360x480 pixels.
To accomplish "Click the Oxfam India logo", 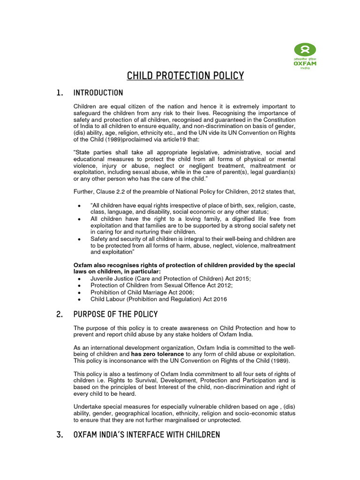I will click(x=305, y=55).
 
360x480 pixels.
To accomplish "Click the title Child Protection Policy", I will click(x=186, y=76).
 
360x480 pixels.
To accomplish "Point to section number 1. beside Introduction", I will click(x=60, y=93).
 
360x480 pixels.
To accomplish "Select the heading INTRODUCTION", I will click(x=98, y=93).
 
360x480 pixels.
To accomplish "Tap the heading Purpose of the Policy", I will click(x=116, y=314).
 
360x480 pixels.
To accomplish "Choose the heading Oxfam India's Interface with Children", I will click(x=147, y=435).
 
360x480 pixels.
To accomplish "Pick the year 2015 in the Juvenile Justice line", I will click(x=242, y=278).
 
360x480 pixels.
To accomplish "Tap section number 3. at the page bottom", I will click(x=60, y=435).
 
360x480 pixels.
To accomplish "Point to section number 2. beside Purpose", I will click(x=60, y=314).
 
